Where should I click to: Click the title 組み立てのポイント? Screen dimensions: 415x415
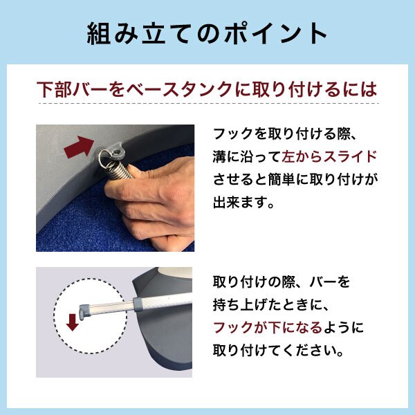[x=207, y=34]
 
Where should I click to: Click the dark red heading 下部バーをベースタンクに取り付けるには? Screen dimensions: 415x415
[x=207, y=89]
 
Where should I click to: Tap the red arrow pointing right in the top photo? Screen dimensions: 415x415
[x=79, y=147]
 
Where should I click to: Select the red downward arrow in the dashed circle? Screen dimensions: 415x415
[x=72, y=322]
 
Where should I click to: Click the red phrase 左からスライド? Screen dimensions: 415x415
[x=329, y=157]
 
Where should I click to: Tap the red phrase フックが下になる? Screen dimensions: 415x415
[x=268, y=327]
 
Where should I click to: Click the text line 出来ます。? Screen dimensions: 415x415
[x=243, y=203]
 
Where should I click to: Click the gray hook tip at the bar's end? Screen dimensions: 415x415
[x=84, y=311]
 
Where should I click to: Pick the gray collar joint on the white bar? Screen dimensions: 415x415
[x=140, y=304]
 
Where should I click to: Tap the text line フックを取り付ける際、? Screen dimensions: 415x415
[x=285, y=134]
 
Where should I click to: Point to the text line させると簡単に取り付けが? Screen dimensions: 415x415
[x=295, y=179]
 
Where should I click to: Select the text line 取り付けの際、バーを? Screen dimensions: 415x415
[x=282, y=282]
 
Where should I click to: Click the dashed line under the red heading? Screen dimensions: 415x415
[x=209, y=103]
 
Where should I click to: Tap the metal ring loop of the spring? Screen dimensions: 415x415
[x=105, y=159]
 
